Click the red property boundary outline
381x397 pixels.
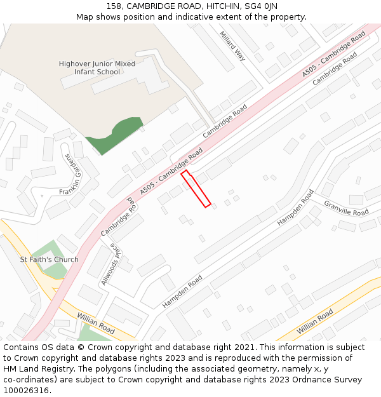click(196, 189)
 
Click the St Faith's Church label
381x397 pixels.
click(50, 259)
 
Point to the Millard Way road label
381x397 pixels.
click(232, 46)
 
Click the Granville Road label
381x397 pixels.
click(346, 208)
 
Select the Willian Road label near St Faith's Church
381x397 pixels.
click(96, 323)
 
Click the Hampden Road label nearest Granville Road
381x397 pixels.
click(295, 207)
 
